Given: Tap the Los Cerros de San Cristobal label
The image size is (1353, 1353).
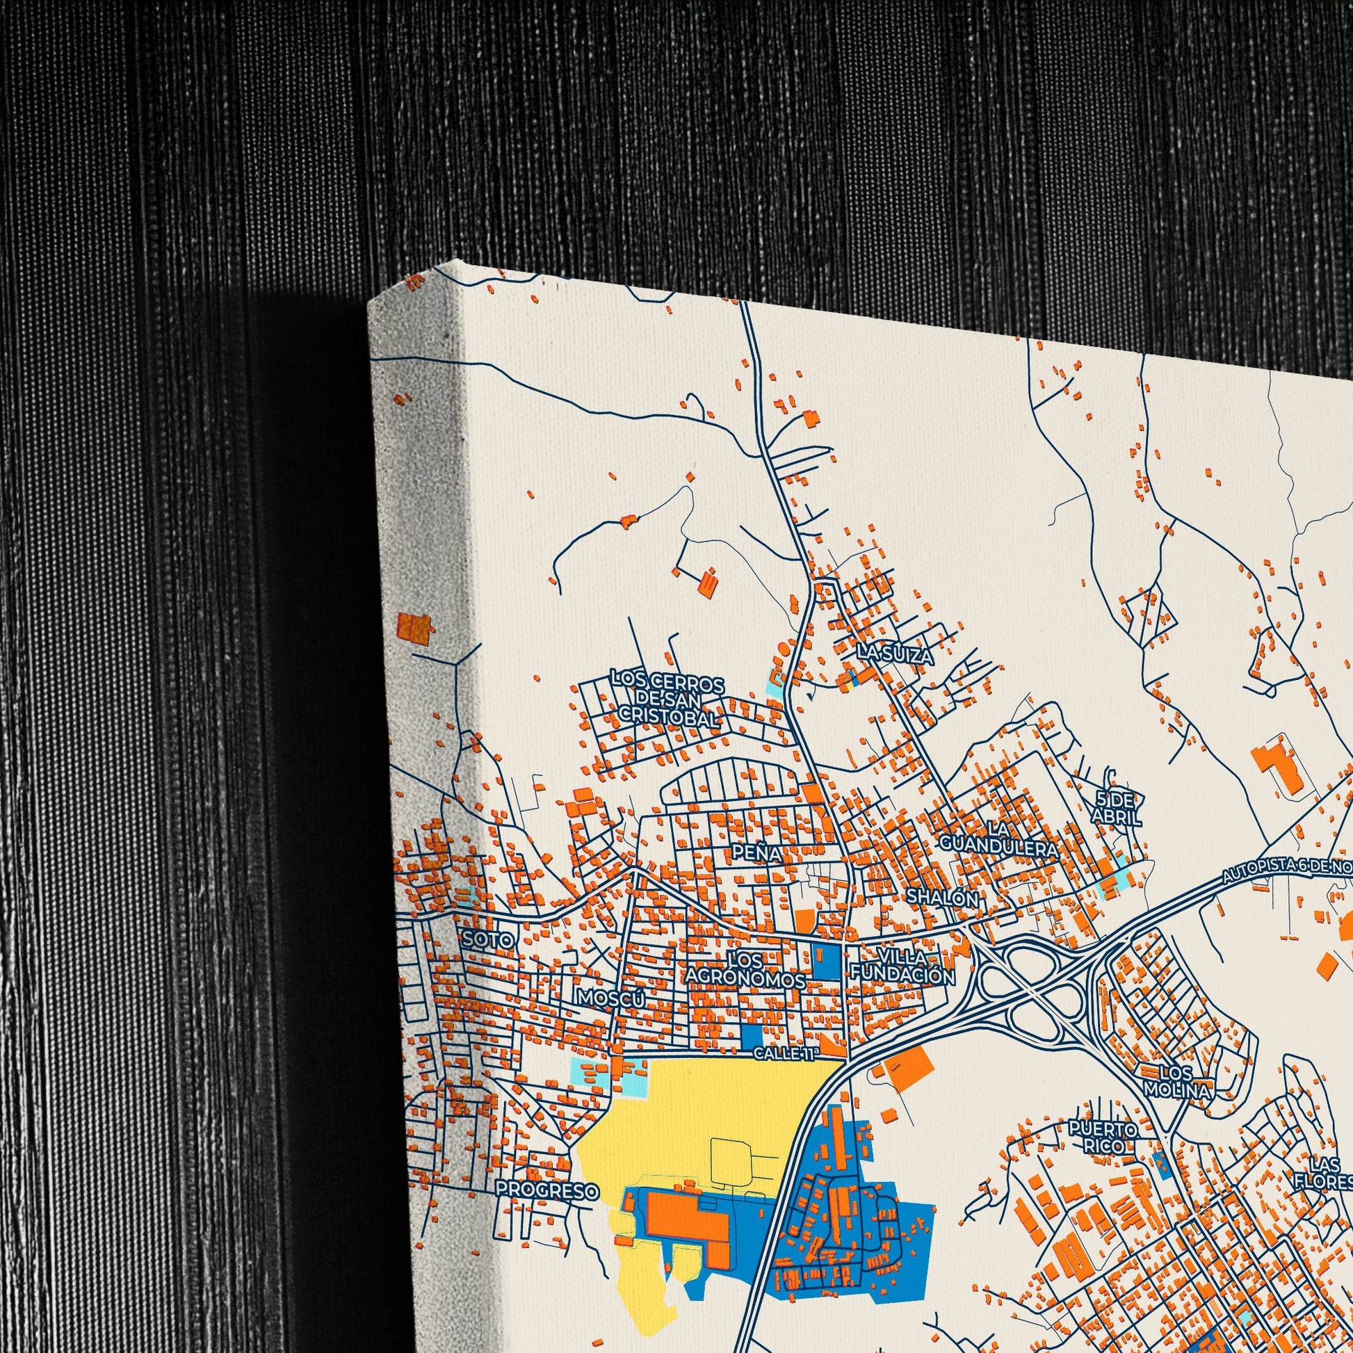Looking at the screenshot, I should [x=666, y=699].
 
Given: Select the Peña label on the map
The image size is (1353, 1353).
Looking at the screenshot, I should [x=756, y=852].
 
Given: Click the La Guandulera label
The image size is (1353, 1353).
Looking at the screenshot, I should [x=998, y=839].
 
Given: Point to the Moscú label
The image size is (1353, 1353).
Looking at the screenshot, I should [x=608, y=998].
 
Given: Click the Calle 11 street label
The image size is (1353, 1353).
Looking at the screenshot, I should [x=785, y=1053].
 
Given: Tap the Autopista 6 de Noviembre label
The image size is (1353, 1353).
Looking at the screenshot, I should [x=1287, y=870].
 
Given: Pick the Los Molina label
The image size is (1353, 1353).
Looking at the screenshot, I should [x=1176, y=1100].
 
